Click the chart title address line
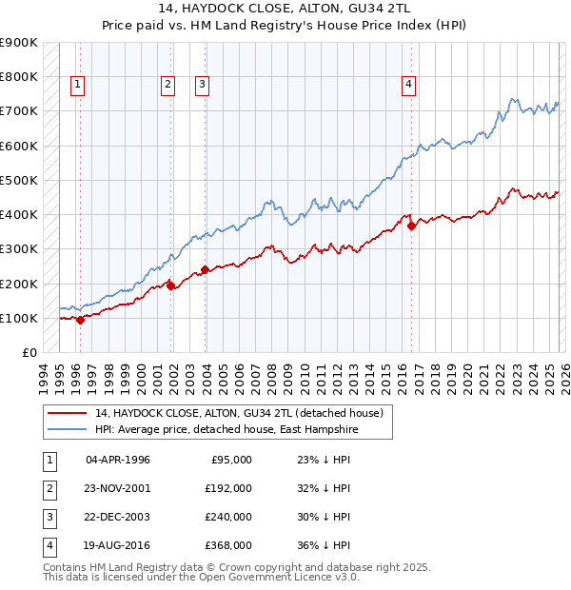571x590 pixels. [285, 9]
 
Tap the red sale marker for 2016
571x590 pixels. [411, 226]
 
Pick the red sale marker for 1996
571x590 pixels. [80, 320]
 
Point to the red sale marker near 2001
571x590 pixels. [171, 285]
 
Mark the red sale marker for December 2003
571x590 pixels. [205, 269]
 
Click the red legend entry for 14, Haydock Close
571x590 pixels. [239, 413]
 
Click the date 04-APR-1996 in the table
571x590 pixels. [118, 460]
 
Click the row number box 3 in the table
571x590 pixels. [49, 517]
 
